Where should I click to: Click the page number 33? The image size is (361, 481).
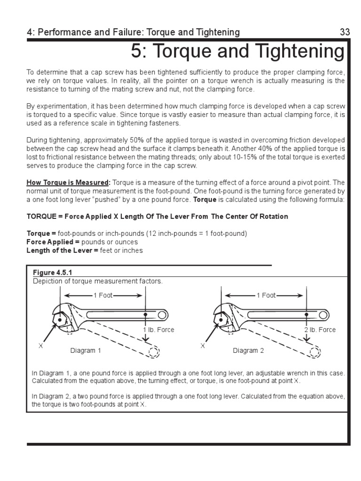tap(345, 32)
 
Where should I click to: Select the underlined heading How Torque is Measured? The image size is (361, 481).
tap(68, 182)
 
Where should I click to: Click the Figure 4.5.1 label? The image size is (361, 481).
tap(52, 273)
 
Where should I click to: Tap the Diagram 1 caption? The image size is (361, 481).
tap(86, 350)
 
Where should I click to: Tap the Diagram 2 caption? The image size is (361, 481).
tap(248, 350)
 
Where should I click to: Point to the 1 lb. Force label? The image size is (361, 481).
tap(158, 330)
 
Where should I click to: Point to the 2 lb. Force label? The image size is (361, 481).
tap(320, 330)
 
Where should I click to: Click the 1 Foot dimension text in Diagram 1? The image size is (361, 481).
tap(103, 295)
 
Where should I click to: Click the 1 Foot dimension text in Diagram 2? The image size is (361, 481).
tap(266, 295)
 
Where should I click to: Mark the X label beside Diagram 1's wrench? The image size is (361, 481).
tap(40, 345)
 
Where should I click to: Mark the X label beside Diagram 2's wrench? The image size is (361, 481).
tap(203, 345)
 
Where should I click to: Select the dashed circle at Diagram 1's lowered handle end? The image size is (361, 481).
tap(153, 352)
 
